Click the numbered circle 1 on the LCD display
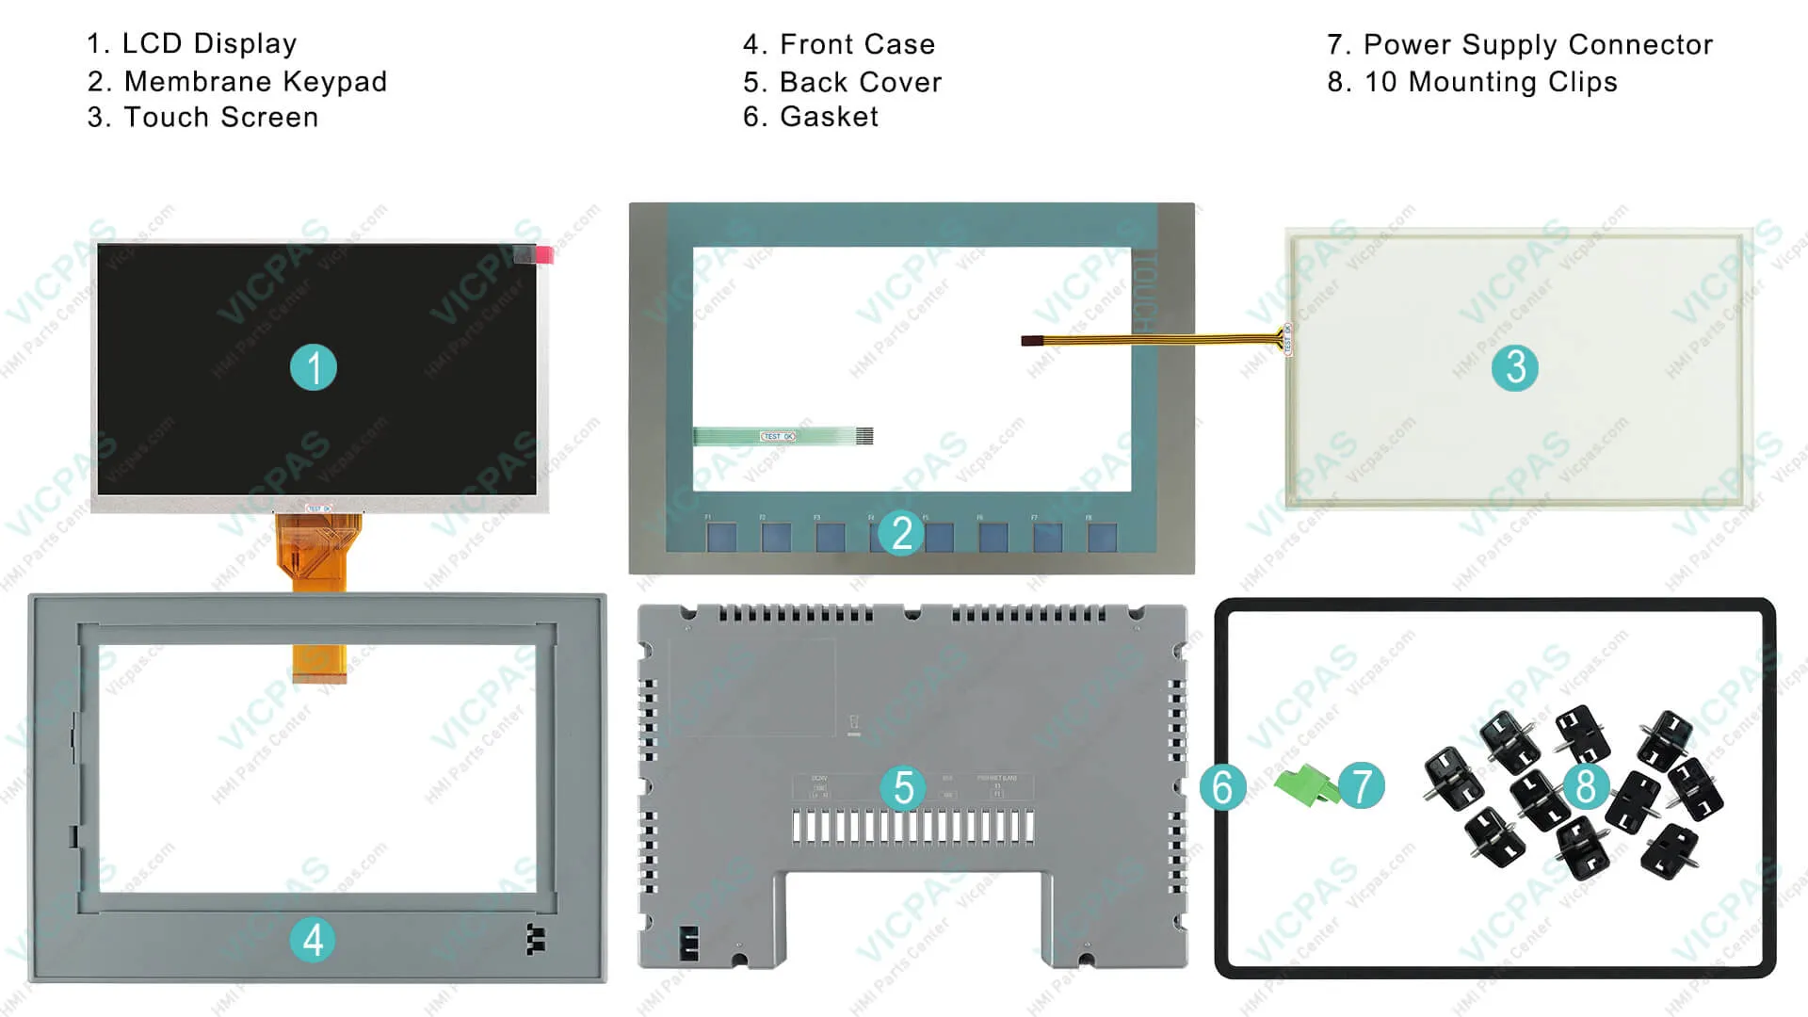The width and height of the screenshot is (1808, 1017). (x=314, y=368)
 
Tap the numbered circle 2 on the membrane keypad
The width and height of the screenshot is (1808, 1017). (x=901, y=533)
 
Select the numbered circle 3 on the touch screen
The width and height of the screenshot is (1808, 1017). (x=1514, y=367)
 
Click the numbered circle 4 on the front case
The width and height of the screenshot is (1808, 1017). (x=313, y=940)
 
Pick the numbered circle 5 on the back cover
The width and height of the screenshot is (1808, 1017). (x=903, y=787)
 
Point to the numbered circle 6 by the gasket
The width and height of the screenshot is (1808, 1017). (x=1222, y=787)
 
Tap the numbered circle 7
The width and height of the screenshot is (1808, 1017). (x=1362, y=785)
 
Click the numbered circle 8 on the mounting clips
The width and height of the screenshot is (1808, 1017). (x=1586, y=785)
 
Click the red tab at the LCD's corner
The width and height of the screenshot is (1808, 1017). (x=544, y=254)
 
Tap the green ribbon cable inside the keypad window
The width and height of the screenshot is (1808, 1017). (x=782, y=436)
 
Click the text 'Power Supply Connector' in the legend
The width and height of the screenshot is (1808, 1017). (x=1538, y=44)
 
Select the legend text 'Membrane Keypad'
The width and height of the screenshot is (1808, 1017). (x=255, y=82)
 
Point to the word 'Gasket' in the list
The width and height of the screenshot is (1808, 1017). (x=829, y=117)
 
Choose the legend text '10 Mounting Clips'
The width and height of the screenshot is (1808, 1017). (x=1491, y=82)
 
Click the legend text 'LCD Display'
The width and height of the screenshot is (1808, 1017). (x=209, y=43)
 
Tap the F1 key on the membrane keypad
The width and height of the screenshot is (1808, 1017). (x=722, y=538)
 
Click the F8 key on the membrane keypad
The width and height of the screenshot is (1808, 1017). (x=1102, y=538)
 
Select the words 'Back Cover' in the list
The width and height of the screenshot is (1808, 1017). (x=861, y=82)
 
